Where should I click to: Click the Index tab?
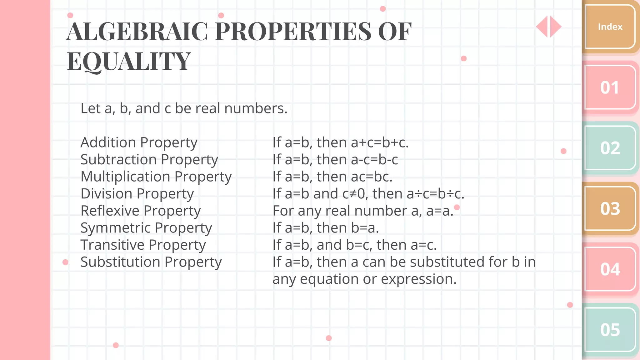click(x=610, y=27)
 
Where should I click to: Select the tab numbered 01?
click(x=610, y=87)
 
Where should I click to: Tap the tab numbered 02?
click(x=610, y=148)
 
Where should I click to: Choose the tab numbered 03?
click(x=610, y=209)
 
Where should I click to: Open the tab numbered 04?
click(x=610, y=269)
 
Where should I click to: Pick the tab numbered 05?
click(x=610, y=330)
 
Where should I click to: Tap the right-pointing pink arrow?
click(x=555, y=27)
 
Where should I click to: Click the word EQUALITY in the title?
click(x=128, y=61)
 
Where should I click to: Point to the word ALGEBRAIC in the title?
click(x=137, y=32)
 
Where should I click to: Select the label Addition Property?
click(x=139, y=143)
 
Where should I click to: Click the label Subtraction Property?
click(x=149, y=160)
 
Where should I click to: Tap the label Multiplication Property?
click(x=156, y=177)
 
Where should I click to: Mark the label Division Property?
click(x=137, y=194)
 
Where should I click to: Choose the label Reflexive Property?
click(x=141, y=211)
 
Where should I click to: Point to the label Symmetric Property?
click(x=146, y=228)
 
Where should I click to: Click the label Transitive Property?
click(x=143, y=245)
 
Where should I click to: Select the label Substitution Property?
click(x=151, y=262)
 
